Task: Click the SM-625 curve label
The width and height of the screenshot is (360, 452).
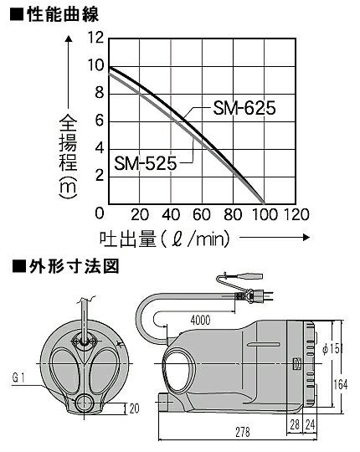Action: [x=244, y=108]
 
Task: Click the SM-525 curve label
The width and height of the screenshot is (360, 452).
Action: [x=146, y=163]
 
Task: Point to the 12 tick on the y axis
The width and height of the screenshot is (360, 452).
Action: [x=96, y=38]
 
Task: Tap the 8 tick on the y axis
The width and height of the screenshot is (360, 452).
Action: [x=99, y=93]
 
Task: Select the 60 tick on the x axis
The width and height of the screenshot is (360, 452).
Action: [x=202, y=214]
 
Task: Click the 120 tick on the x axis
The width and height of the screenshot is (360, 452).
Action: [x=296, y=214]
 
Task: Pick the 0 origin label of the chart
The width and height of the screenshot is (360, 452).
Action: [x=99, y=213]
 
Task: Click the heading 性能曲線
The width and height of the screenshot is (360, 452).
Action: [x=63, y=14]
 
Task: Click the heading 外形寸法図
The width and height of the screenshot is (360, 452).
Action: [x=74, y=266]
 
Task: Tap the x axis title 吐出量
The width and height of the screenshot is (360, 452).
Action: [x=128, y=239]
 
